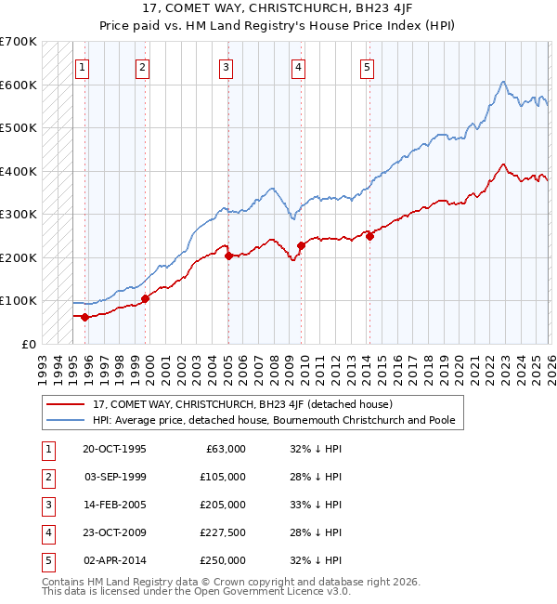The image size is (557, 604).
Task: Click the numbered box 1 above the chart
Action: (x=83, y=67)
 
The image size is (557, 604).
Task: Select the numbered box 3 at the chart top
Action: (x=226, y=67)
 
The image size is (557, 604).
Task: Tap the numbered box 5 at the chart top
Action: (x=367, y=67)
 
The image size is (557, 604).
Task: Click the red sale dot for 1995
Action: (x=84, y=317)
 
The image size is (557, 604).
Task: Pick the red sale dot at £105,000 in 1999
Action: (x=145, y=298)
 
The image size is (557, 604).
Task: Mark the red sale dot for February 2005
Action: (x=228, y=256)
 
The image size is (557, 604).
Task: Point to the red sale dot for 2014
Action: (x=369, y=236)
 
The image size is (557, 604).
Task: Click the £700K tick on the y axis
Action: (x=19, y=42)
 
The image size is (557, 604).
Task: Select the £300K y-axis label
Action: (x=19, y=215)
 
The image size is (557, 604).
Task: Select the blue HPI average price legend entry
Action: (x=274, y=420)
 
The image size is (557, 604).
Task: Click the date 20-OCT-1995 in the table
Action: (x=114, y=449)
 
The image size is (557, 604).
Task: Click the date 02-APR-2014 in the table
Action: (x=114, y=560)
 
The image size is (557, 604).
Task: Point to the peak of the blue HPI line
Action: (x=501, y=82)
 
